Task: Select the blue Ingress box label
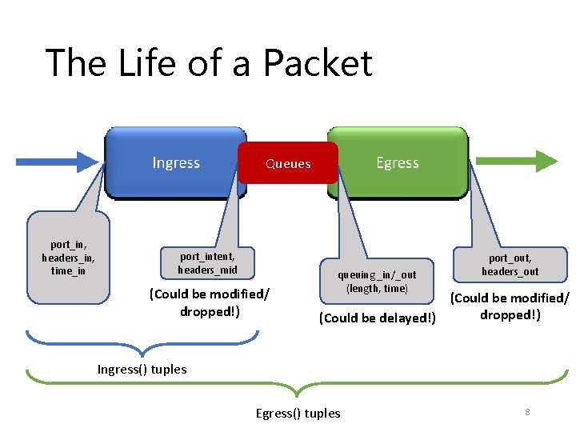[x=176, y=163]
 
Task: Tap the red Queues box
[x=288, y=163]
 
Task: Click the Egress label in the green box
[x=398, y=163]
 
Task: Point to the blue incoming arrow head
[x=90, y=162]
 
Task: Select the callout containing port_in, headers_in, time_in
[x=68, y=258]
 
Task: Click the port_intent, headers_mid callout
[x=207, y=263]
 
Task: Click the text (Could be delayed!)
[x=377, y=318]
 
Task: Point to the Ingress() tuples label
[x=142, y=369]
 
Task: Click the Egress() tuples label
[x=298, y=413]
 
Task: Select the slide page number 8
[x=528, y=411]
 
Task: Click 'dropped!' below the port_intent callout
[x=210, y=311]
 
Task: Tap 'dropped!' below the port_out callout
[x=510, y=314]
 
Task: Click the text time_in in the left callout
[x=68, y=270]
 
